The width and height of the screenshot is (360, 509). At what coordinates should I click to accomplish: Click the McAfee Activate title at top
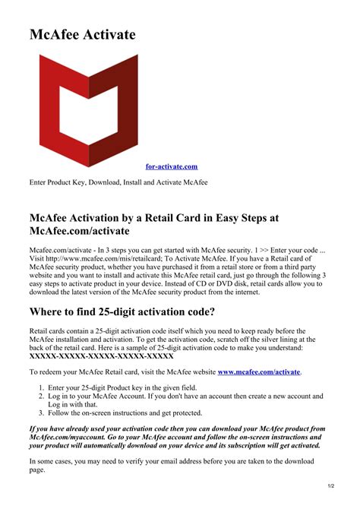83,35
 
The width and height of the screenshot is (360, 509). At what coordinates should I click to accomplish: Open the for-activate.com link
171,166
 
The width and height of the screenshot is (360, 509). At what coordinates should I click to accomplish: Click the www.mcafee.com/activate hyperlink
259,371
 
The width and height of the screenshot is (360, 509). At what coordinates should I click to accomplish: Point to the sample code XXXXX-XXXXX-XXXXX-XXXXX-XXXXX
102,355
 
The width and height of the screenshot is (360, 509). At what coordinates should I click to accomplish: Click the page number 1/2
332,485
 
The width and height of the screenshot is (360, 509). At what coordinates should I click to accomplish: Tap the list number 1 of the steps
41,387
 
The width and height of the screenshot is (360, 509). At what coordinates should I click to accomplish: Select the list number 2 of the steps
41,397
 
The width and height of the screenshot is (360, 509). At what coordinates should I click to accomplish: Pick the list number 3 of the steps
41,413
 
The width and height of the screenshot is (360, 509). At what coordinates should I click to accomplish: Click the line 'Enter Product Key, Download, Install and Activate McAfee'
118,182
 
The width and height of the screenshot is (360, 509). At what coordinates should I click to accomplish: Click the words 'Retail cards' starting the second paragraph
49,330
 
